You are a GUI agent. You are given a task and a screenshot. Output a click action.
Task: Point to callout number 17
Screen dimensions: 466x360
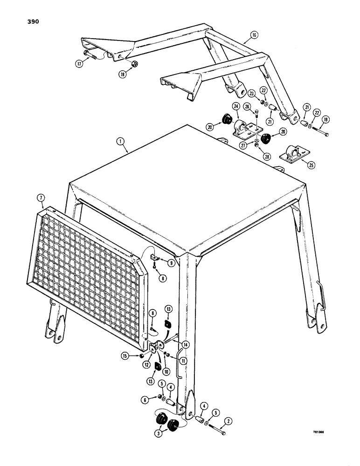[x=78, y=64]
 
